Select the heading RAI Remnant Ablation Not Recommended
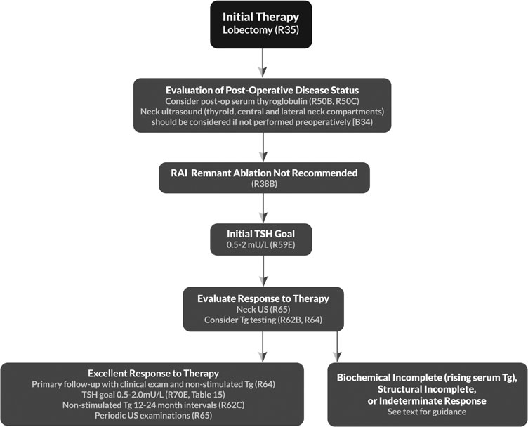(263, 173)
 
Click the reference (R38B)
(263, 184)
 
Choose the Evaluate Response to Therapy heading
(263, 298)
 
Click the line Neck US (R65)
(263, 309)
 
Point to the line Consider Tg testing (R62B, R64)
(263, 320)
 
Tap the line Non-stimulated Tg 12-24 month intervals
(152, 405)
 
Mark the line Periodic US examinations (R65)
(152, 415)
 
